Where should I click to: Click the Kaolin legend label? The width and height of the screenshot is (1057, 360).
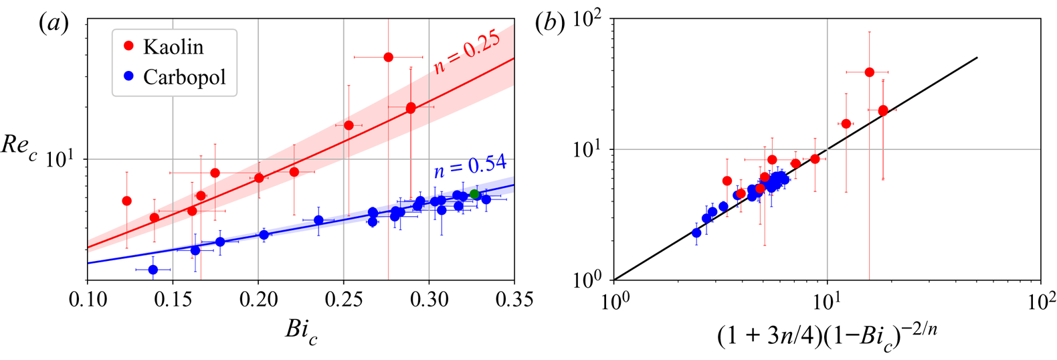tap(173, 47)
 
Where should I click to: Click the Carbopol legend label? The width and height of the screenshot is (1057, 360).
tap(185, 77)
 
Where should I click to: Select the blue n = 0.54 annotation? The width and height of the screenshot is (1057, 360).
tap(470, 167)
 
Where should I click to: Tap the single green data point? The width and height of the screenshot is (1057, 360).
tap(474, 194)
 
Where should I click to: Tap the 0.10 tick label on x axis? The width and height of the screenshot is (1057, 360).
tap(87, 299)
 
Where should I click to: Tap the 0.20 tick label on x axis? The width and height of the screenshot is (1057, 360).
tap(258, 299)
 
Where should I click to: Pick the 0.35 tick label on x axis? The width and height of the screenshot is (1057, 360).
tap(514, 299)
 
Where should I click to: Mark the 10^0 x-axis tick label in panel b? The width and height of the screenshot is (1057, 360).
tap(613, 300)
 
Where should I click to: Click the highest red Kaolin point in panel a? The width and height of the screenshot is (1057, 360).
tap(388, 58)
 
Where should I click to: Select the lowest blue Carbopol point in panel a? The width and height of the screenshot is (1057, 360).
tap(153, 270)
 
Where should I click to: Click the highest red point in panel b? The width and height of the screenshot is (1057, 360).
tap(869, 72)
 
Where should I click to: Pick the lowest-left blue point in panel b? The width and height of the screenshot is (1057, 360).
tap(696, 233)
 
